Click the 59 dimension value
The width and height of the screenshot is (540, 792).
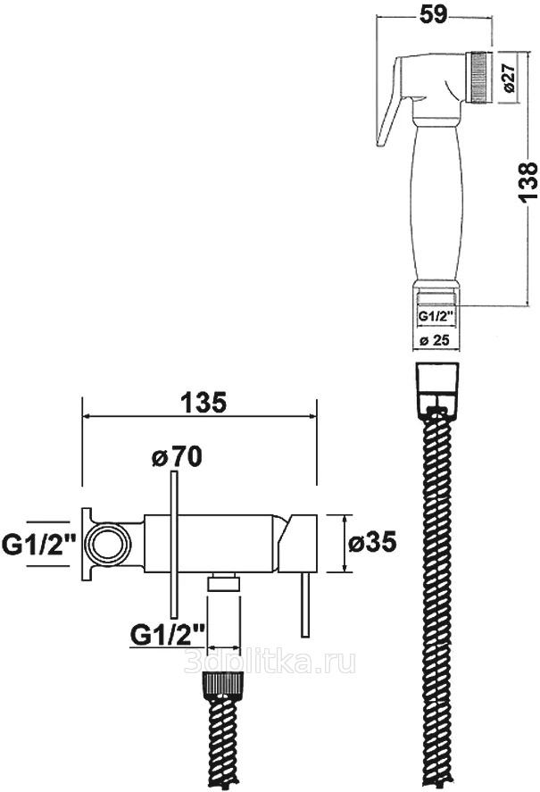click(x=434, y=13)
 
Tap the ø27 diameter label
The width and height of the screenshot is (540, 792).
click(x=509, y=78)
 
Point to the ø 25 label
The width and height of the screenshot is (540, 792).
click(x=435, y=340)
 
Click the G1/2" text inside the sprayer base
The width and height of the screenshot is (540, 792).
click(x=435, y=316)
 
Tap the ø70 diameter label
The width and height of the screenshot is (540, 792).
click(x=177, y=456)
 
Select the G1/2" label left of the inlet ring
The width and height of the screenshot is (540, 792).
click(x=39, y=544)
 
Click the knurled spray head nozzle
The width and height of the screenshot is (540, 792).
click(x=479, y=78)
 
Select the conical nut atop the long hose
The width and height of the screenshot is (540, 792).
click(x=436, y=384)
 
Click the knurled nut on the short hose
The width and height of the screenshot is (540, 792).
click(x=223, y=685)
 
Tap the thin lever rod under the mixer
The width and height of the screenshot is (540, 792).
click(x=304, y=604)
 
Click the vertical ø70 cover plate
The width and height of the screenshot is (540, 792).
click(x=174, y=545)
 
